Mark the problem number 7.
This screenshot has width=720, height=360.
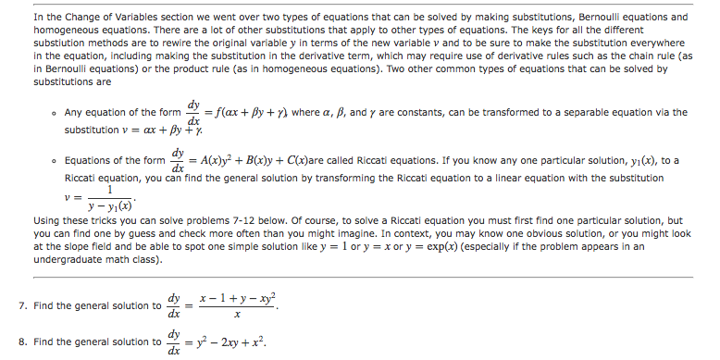coord(21,306)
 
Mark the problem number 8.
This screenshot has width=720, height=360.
coord(21,342)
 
